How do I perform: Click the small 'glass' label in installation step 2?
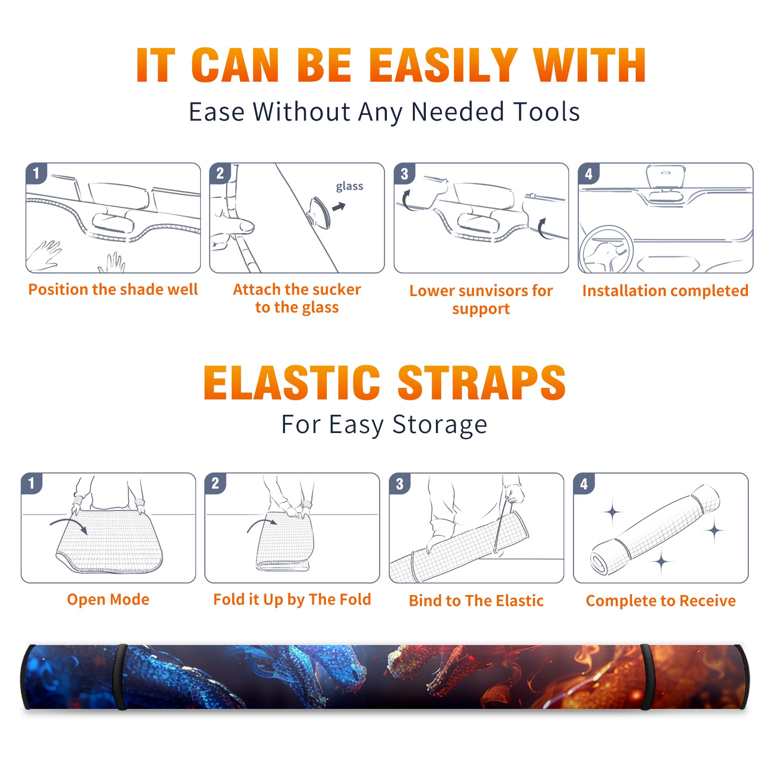coord(349,186)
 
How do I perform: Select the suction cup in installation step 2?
coord(320,212)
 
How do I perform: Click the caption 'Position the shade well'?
coord(113,289)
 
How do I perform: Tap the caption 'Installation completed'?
coord(665,291)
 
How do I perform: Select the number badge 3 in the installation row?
coord(404,174)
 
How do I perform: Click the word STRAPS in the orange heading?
coord(482,383)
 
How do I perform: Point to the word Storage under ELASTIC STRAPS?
coord(440,425)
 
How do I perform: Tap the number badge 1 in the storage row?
coord(32,484)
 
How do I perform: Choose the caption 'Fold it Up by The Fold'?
coord(292,600)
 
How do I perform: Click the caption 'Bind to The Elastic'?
coord(476,601)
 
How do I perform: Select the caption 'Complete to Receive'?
coord(661,601)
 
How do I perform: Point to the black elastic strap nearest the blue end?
coord(120,677)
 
